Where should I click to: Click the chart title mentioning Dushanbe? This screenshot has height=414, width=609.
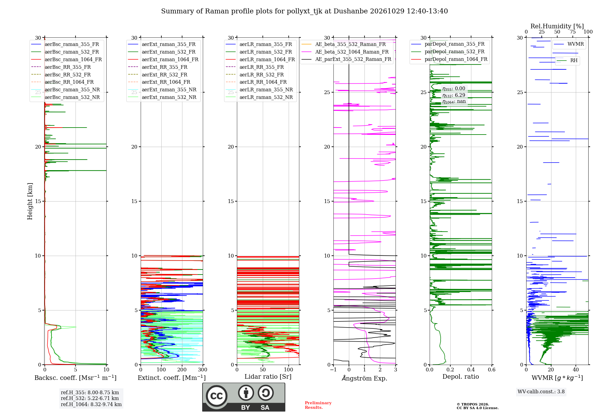[304, 11]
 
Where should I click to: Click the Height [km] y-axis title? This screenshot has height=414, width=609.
[30, 201]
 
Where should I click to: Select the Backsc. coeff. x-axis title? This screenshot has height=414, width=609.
[76, 377]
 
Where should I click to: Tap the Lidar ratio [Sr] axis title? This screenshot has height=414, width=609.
[268, 377]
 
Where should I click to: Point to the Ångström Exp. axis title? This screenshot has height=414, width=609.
[364, 378]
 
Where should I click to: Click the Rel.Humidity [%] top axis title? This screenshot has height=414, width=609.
[557, 26]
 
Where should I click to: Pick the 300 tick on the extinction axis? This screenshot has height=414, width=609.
[203, 370]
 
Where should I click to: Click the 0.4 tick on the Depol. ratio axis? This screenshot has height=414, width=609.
[471, 370]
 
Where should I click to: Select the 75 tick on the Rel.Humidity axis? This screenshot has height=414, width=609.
[573, 32]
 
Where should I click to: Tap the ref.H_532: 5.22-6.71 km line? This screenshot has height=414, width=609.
[90, 398]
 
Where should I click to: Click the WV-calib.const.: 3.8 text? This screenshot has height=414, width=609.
[541, 391]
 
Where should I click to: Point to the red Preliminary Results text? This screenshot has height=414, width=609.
[318, 405]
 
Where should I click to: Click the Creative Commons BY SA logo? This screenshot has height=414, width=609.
[244, 397]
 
